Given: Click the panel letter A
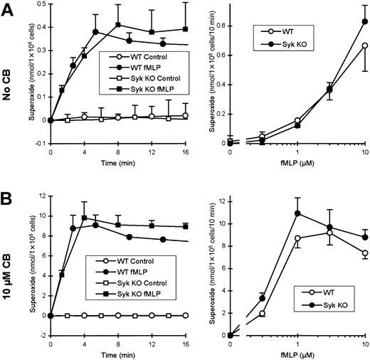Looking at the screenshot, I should (9, 9).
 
